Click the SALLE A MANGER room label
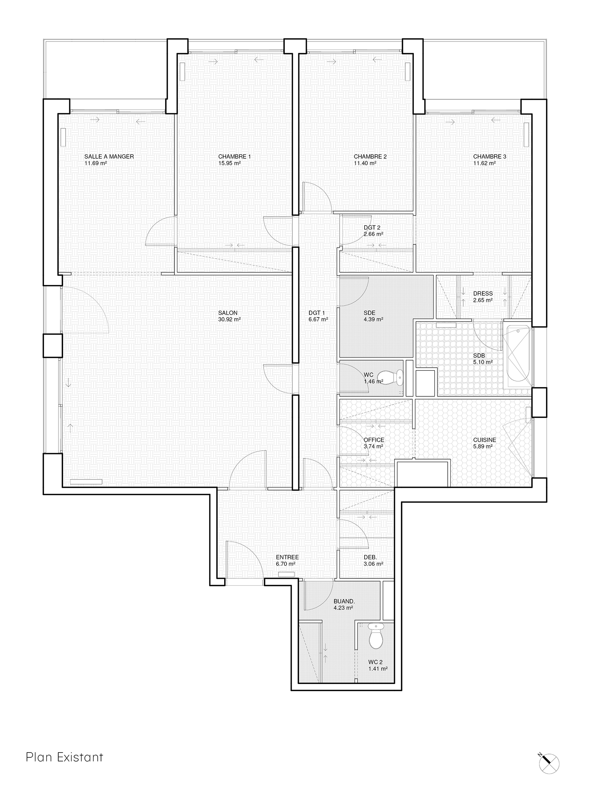pos(109,156)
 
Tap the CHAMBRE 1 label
pos(235,156)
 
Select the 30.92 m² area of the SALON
pos(229,320)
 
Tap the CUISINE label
pos(485,440)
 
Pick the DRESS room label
pos(483,294)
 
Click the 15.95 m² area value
pos(229,163)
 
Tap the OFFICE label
pos(374,440)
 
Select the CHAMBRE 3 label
pos(490,156)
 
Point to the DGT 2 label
pos(372,228)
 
